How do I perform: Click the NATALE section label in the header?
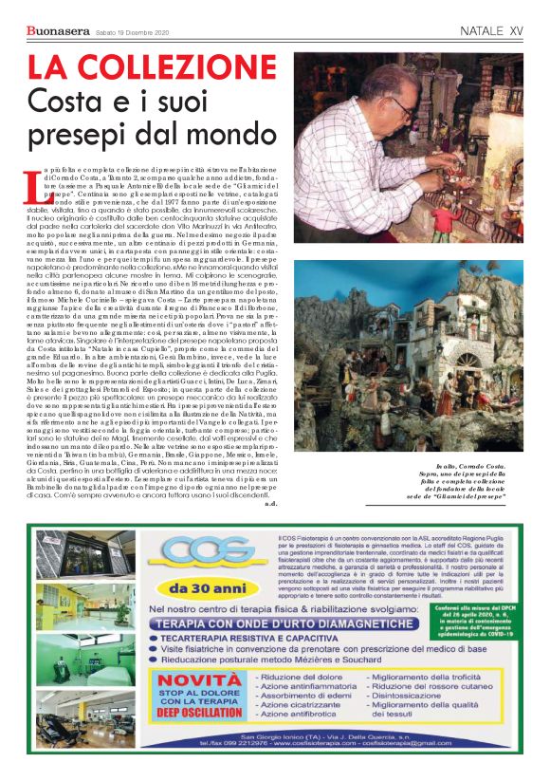[482, 31]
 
